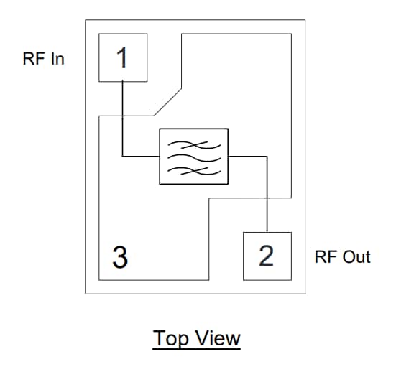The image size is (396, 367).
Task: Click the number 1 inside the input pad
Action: (x=123, y=57)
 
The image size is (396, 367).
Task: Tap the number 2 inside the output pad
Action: (x=267, y=256)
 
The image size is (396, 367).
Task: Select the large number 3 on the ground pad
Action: (x=121, y=256)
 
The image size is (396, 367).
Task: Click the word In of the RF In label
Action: (x=56, y=60)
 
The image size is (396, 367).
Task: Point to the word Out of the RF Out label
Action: (x=356, y=257)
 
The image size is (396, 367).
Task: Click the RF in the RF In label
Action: (x=34, y=60)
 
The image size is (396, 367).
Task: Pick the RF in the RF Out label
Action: (x=326, y=257)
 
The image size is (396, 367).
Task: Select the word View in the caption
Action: (x=216, y=338)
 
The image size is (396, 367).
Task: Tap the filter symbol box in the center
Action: (x=193, y=156)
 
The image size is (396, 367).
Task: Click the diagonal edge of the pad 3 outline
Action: (x=168, y=101)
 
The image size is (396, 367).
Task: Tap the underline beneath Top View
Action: (x=196, y=350)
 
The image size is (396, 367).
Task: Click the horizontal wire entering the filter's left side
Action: (x=141, y=156)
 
